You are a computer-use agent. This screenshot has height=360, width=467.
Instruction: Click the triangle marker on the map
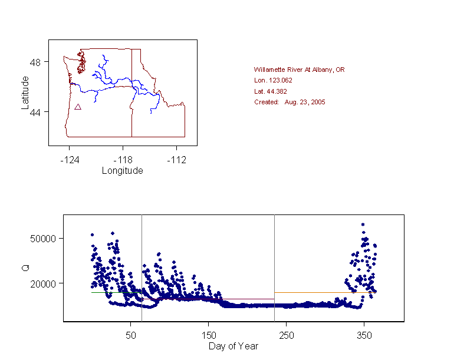pyautogui.click(x=78, y=107)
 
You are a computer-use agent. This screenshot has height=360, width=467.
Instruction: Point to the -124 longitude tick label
pyautogui.click(x=69, y=160)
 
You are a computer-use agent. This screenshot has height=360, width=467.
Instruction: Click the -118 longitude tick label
pyautogui.click(x=123, y=160)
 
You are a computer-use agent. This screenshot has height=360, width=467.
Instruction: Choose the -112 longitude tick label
pyautogui.click(x=176, y=160)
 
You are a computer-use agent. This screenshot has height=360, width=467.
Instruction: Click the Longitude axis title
pyautogui.click(x=122, y=171)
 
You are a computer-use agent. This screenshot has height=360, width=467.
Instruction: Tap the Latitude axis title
pyautogui.click(x=25, y=92)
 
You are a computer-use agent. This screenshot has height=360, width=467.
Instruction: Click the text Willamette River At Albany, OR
pyautogui.click(x=299, y=70)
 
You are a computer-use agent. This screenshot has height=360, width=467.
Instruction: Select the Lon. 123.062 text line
pyautogui.click(x=273, y=80)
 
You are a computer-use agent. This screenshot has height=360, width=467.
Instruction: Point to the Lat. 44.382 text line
pyautogui.click(x=270, y=91)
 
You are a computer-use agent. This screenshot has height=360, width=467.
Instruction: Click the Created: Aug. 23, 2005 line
pyautogui.click(x=290, y=102)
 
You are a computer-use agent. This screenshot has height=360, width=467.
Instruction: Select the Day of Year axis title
pyautogui.click(x=233, y=346)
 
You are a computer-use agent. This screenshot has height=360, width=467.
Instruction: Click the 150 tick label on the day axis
pyautogui.click(x=208, y=335)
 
